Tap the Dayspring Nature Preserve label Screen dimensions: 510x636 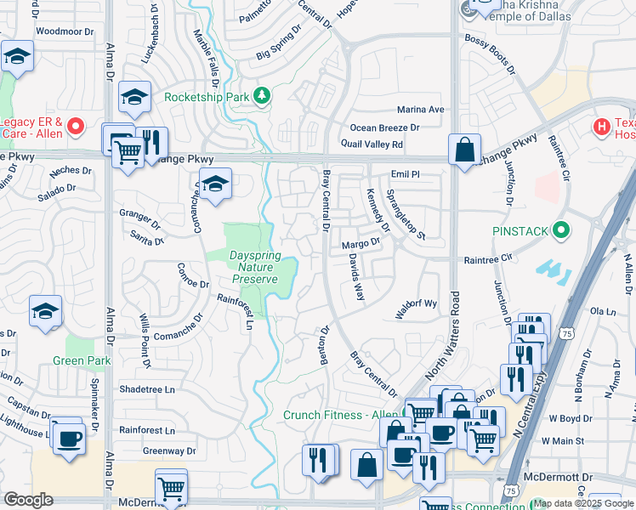[x=253, y=267]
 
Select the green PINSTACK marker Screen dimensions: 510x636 [x=560, y=230]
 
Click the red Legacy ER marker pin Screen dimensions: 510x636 [x=76, y=127]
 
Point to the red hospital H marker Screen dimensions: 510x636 [x=602, y=127]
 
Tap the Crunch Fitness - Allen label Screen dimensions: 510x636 [x=329, y=414]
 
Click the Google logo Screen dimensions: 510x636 [x=28, y=499]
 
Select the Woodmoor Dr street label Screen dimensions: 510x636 [x=65, y=31]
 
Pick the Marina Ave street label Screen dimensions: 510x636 [x=421, y=110]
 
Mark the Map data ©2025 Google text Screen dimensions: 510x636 [x=584, y=503]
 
